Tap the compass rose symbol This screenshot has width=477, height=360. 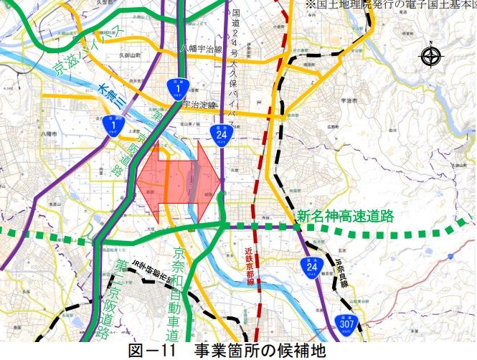pos(430,57)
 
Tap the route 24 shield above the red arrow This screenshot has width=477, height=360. pos(220,133)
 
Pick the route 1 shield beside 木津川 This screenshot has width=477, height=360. pos(111,125)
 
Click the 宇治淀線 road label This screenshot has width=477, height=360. pos(200,105)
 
